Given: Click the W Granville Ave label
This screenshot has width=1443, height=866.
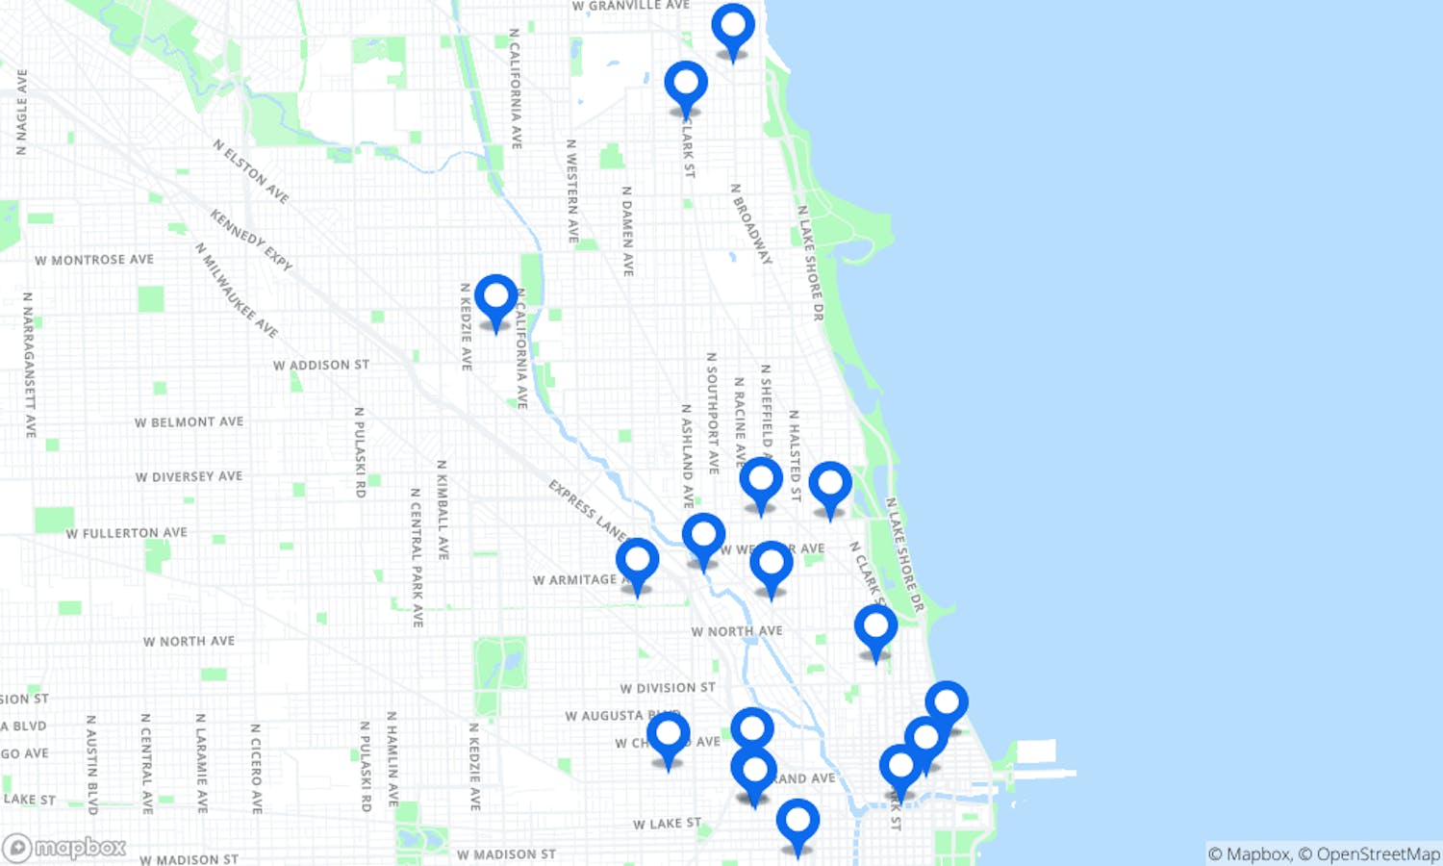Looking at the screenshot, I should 630,6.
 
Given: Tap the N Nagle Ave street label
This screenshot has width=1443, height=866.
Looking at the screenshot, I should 21,112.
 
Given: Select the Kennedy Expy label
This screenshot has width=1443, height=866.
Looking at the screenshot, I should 251,241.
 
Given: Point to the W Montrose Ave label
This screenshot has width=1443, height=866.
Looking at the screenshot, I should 94,260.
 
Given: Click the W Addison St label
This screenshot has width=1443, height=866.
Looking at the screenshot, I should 320,366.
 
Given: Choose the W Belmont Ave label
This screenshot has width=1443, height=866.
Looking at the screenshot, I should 189,422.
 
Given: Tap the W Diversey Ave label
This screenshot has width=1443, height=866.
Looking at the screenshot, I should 189,477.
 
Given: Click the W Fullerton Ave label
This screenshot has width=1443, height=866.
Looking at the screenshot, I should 126,533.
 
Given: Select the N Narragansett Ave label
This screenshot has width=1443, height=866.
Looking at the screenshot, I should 29,365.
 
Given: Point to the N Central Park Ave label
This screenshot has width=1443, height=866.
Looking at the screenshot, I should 417,557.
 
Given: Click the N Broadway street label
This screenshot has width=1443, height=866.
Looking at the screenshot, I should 750,223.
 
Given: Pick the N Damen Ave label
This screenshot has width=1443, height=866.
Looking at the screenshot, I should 627,231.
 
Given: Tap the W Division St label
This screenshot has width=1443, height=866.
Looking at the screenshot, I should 668,688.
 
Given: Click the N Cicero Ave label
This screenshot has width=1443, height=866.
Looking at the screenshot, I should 256,769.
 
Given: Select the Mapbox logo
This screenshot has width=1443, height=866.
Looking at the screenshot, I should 65,848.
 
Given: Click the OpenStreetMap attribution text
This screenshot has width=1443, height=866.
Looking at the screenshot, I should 1378,854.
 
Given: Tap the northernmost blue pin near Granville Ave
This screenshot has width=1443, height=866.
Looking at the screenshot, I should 733,28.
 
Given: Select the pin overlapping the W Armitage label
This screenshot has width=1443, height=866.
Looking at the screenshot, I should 637,562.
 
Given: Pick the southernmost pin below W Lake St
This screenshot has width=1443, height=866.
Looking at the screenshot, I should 797,823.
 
